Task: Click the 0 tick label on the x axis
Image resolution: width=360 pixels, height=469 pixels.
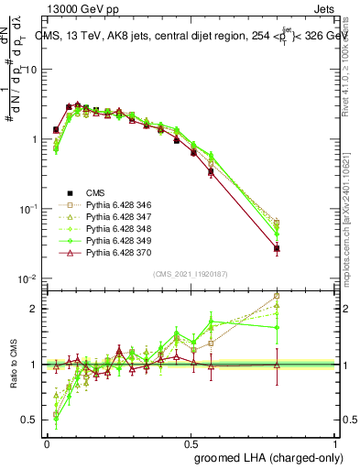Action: pyautogui.click(x=46, y=443)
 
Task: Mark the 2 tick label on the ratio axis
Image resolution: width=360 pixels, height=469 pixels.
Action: pyautogui.click(x=34, y=309)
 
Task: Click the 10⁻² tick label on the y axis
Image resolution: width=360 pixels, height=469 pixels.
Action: pyautogui.click(x=27, y=278)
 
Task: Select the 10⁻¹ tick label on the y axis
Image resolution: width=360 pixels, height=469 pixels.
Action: pyautogui.click(x=27, y=209)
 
